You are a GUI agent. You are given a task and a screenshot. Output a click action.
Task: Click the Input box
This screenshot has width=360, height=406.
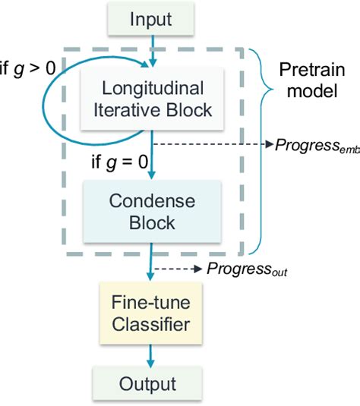(x=153, y=18)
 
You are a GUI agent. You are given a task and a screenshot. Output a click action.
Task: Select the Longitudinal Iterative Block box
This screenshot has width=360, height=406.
(x=153, y=99)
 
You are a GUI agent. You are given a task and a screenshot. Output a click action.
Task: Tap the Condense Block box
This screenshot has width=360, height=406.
(x=153, y=212)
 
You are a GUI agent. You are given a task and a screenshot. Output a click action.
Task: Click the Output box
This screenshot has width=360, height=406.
(x=153, y=384)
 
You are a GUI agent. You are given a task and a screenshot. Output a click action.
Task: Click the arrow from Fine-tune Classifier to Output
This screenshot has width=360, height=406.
(x=153, y=354)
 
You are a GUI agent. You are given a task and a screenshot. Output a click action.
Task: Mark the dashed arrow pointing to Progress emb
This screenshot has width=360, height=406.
(x=213, y=143)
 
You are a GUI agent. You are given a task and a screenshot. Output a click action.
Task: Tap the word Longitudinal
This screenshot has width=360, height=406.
(x=153, y=87)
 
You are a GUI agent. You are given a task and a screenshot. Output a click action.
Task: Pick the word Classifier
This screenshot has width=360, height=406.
(x=153, y=326)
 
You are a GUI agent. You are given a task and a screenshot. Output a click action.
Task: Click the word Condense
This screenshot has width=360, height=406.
(x=153, y=201)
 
